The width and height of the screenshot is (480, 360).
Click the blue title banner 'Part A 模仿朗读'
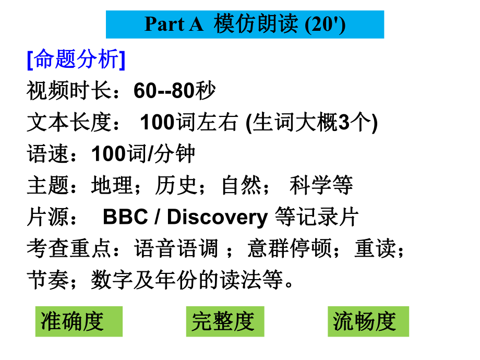point(245,24)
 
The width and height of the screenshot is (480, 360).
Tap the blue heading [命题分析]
point(76,61)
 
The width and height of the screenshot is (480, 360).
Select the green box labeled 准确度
point(79,321)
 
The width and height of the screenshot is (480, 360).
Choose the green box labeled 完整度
point(225,321)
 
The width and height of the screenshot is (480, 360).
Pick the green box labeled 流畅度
point(368,321)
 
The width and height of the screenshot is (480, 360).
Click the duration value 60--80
point(165,92)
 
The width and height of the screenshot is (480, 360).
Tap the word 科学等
point(321,186)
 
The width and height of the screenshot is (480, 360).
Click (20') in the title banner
point(325,24)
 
